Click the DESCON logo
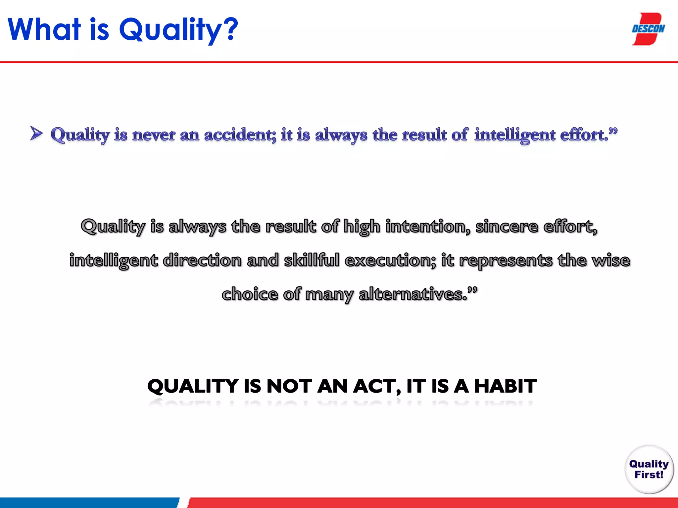pos(648,29)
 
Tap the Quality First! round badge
pos(649,469)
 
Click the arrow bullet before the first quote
pos(36,133)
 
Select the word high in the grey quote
pos(362,227)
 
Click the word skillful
pos(312,260)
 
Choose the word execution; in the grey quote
pos(390,260)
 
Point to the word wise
pos(611,260)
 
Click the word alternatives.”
pos(418,294)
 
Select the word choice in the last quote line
pos(250,294)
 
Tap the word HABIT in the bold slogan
pos(505,386)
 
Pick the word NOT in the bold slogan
pos(289,386)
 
